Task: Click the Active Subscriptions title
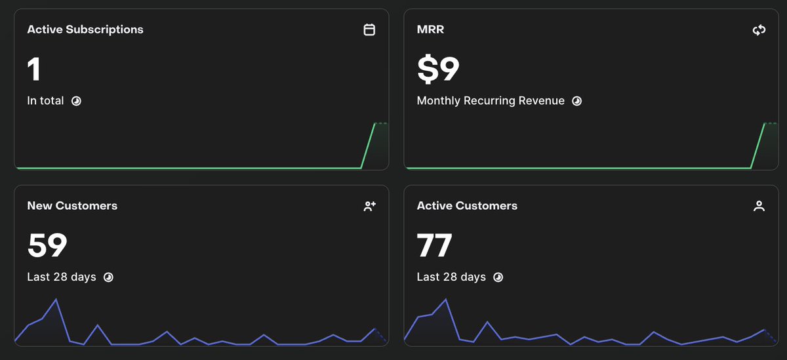pos(85,30)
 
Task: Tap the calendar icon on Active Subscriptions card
pos(369,30)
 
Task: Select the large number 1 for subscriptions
pos(33,70)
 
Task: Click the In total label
pos(45,101)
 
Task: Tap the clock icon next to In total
pos(76,101)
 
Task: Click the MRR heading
pos(430,30)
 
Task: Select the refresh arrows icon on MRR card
pos(759,30)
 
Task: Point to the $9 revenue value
pos(438,69)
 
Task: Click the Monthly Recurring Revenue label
pos(491,101)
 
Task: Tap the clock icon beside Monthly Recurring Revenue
pos(576,101)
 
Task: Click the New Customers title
pos(72,206)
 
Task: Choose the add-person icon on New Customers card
pos(370,206)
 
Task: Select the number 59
pos(47,245)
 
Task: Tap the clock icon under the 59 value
pos(108,277)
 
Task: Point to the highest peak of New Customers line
pos(56,299)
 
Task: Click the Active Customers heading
pos(467,206)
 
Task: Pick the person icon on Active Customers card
pos(759,206)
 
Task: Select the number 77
pos(434,245)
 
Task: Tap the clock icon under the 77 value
pos(498,277)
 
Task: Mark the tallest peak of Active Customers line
pos(445,299)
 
